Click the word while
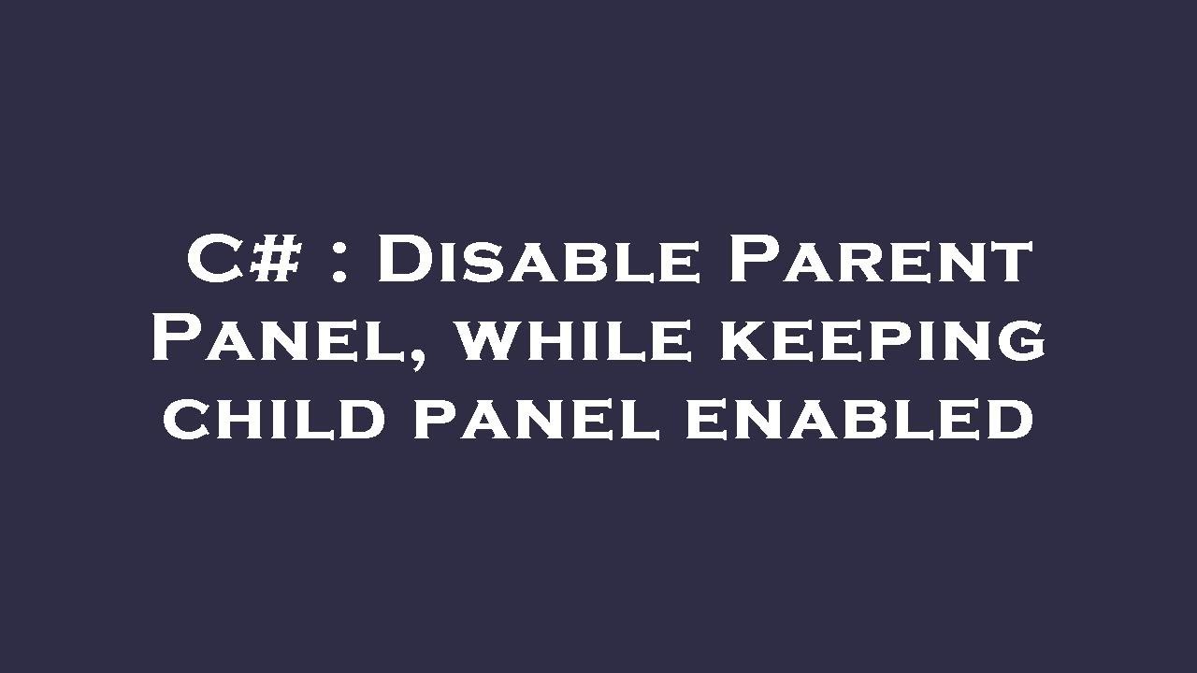(x=575, y=338)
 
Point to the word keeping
(x=882, y=340)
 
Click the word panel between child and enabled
(x=536, y=419)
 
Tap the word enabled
(x=859, y=419)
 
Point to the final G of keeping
(x=1022, y=340)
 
